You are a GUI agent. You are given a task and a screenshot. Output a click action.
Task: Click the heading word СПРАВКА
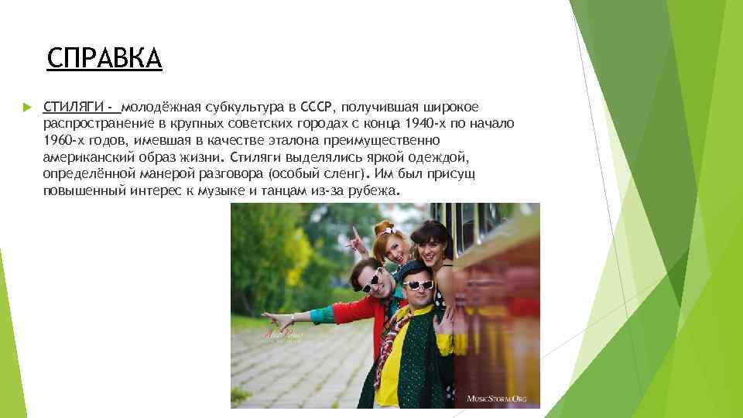point(104,58)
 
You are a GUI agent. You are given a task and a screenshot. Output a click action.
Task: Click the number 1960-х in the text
point(64,140)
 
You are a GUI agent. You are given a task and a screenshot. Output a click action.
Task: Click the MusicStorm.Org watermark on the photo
point(495,398)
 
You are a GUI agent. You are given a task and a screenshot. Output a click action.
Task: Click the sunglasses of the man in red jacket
point(371,281)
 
